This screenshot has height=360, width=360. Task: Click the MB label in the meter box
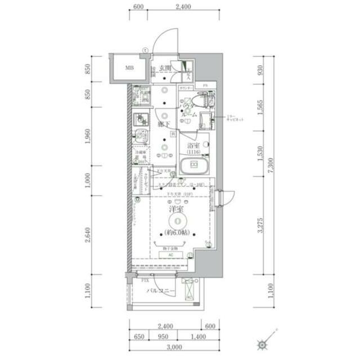[x=129, y=69]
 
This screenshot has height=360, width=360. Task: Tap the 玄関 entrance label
[x=165, y=69]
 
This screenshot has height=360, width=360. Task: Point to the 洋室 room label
[x=177, y=210]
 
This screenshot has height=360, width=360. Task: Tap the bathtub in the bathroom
[x=195, y=166]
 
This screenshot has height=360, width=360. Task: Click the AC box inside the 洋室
[x=172, y=254]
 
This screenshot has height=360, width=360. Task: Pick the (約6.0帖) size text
[x=177, y=233]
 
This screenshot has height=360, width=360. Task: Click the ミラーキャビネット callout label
[x=235, y=119]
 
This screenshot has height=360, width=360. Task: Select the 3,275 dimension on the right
[x=260, y=224]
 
